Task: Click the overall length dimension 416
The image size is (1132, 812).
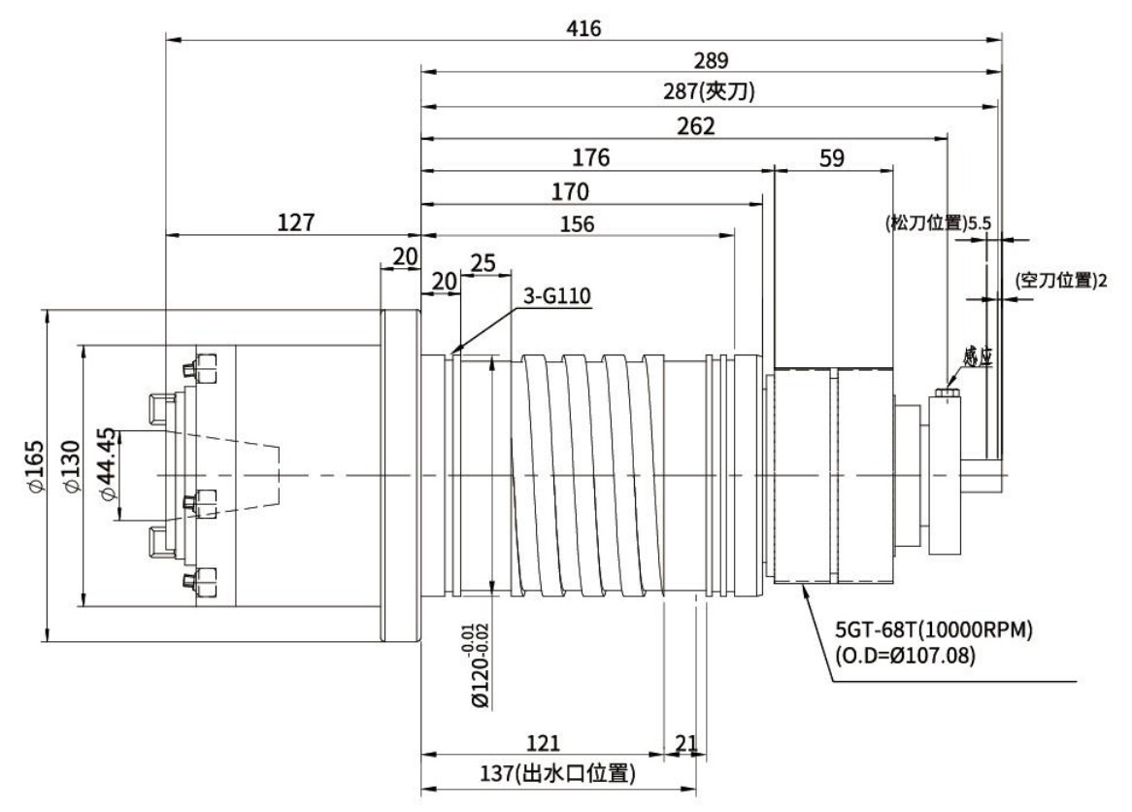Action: pyautogui.click(x=584, y=28)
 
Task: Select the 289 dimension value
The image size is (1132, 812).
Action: pyautogui.click(x=711, y=60)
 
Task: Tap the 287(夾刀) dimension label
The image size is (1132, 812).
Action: pyautogui.click(x=711, y=92)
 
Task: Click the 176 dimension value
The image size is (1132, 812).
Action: pyautogui.click(x=590, y=157)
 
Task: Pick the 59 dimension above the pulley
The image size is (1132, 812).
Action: pyautogui.click(x=832, y=157)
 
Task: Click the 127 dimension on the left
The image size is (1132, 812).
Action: pyautogui.click(x=295, y=222)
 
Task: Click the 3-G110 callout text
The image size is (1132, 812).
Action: pyautogui.click(x=557, y=296)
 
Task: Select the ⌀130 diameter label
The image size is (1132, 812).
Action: pyautogui.click(x=69, y=475)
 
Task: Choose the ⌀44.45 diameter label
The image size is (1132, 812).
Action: pyautogui.click(x=108, y=463)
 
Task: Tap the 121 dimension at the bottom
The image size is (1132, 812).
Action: pyautogui.click(x=542, y=743)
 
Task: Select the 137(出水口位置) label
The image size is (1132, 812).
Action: pyautogui.click(x=558, y=773)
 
